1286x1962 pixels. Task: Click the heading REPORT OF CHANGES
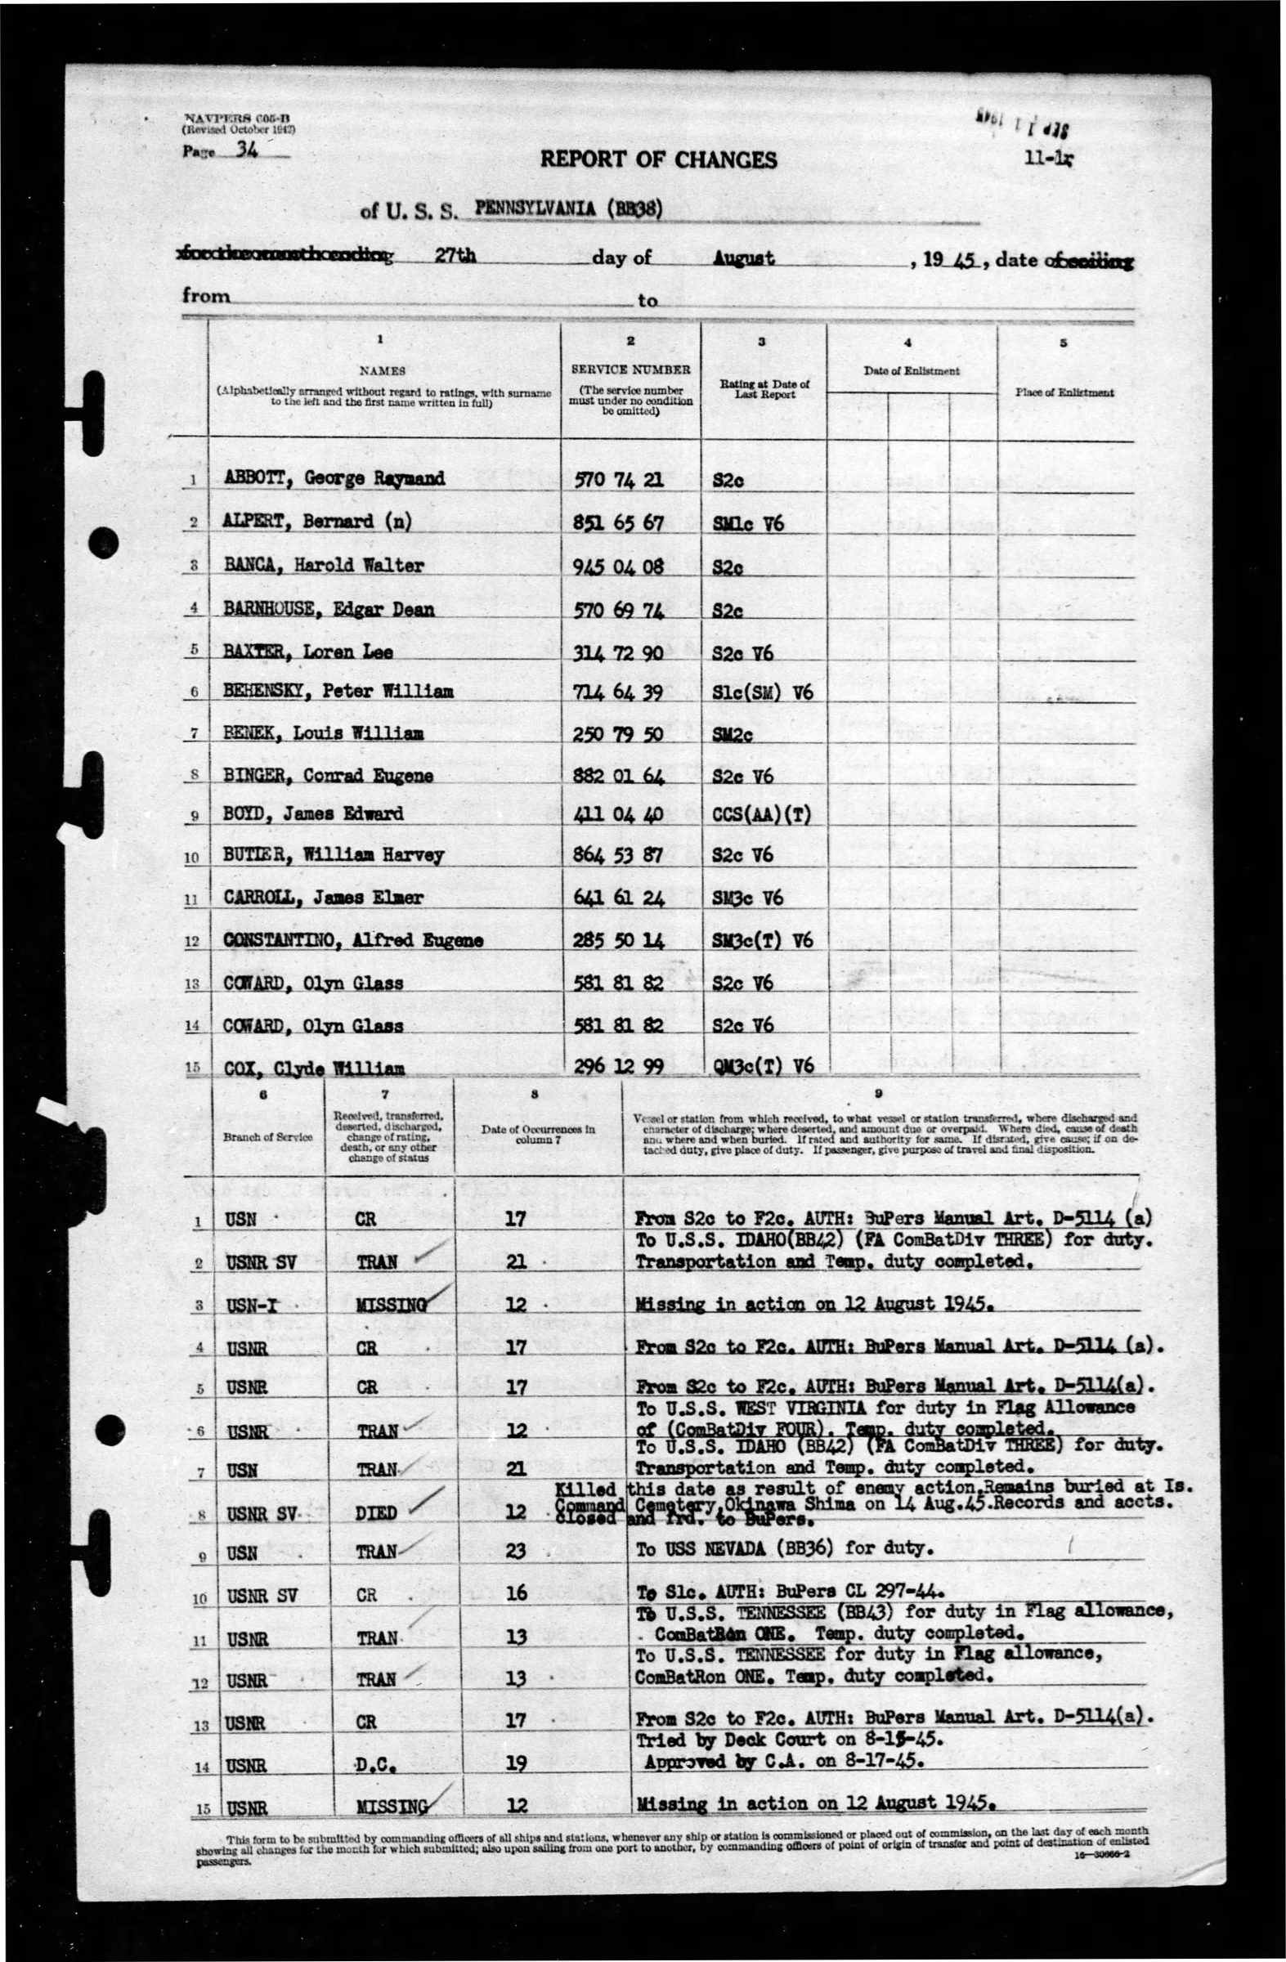(x=658, y=160)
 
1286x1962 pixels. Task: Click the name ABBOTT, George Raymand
(x=334, y=479)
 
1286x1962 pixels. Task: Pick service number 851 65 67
(x=618, y=522)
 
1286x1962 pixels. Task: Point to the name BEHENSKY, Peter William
(x=338, y=691)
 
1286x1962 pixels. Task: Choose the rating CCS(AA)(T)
(x=761, y=815)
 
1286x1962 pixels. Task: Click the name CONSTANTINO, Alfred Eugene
(x=353, y=941)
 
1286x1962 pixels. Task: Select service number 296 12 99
(x=618, y=1067)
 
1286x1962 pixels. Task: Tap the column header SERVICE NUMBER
(x=630, y=370)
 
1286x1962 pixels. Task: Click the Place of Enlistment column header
(x=1064, y=392)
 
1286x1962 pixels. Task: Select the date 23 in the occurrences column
(x=515, y=1552)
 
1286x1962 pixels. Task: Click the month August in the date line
(x=744, y=259)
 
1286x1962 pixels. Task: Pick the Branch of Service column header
(x=267, y=1137)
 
